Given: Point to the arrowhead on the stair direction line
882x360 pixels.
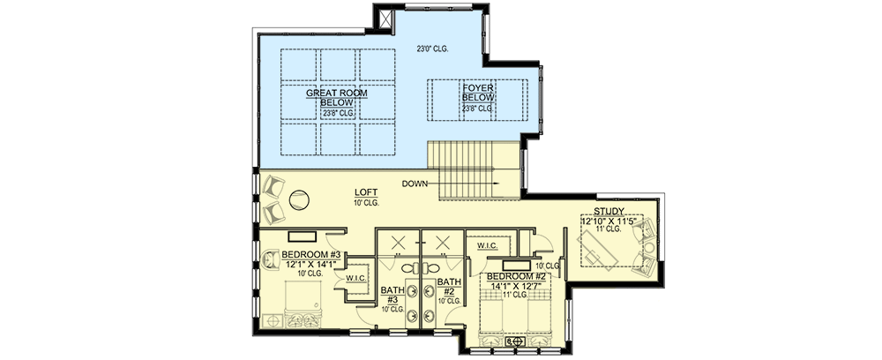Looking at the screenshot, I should click(x=498, y=184).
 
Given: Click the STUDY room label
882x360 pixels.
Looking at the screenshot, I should click(x=609, y=211).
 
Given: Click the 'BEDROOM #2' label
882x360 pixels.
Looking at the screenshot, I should click(x=515, y=275).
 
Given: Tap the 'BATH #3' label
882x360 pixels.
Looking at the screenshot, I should click(x=392, y=294).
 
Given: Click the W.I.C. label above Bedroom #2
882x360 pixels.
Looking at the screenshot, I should click(x=487, y=245).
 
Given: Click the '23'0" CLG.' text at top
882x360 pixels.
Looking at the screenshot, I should click(x=433, y=49).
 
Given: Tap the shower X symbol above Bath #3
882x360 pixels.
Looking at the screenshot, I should click(x=398, y=244).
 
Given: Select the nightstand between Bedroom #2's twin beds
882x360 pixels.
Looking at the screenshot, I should click(x=515, y=341).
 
